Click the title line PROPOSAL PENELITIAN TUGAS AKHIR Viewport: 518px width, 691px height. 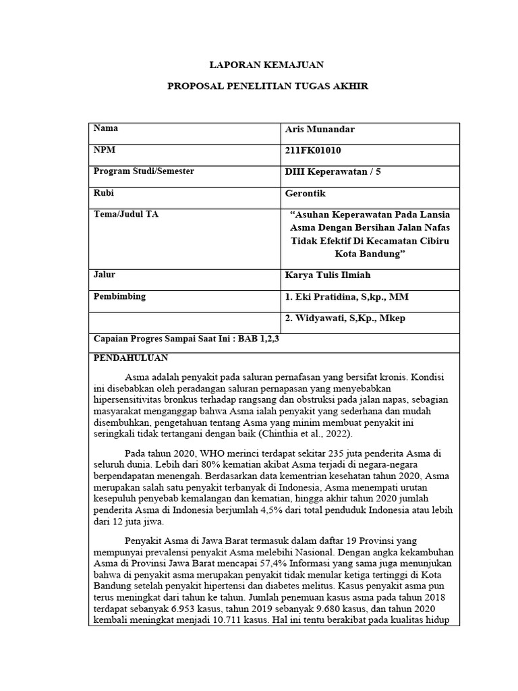(x=268, y=88)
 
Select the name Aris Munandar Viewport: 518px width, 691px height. (x=319, y=129)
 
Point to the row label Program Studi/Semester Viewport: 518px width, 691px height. (x=144, y=171)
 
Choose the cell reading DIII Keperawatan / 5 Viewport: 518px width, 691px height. (x=333, y=171)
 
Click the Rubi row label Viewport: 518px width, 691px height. (x=103, y=193)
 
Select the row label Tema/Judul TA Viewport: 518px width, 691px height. (x=126, y=215)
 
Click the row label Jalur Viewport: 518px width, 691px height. (x=104, y=275)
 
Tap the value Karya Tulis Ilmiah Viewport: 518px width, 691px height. (x=328, y=275)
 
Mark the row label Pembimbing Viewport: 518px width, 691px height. (x=119, y=296)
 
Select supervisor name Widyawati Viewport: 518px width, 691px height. (x=323, y=319)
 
